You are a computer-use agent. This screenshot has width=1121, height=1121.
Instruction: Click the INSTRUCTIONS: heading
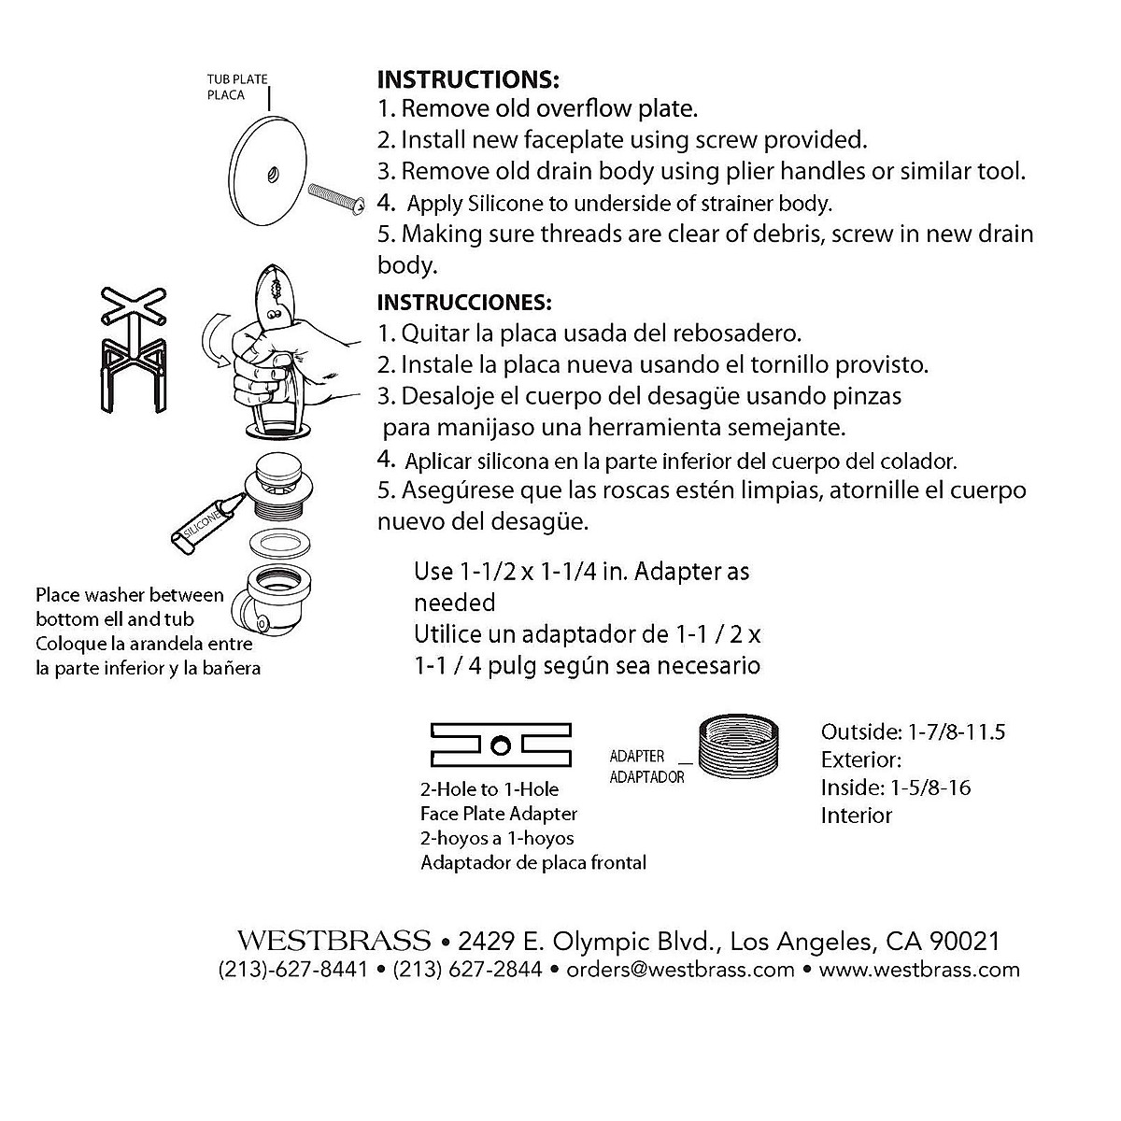[x=467, y=78]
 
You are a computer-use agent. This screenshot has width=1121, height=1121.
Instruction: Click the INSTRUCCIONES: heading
[x=464, y=303]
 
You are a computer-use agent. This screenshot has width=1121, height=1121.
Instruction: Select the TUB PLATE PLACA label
[x=237, y=87]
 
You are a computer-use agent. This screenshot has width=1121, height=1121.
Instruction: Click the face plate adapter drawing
[x=501, y=744]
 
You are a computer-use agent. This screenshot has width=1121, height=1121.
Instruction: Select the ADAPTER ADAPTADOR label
[x=646, y=766]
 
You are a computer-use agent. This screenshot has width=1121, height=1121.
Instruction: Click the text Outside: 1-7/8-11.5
[x=913, y=731]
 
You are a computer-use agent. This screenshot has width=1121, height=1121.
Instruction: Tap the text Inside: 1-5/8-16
[x=896, y=788]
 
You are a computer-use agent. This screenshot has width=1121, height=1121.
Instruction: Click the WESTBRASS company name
[x=333, y=940]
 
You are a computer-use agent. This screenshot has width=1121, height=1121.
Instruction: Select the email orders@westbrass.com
[x=680, y=970]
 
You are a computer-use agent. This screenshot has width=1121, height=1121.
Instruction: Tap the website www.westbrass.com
[x=919, y=970]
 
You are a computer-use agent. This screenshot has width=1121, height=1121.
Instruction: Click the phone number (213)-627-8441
[x=292, y=970]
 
